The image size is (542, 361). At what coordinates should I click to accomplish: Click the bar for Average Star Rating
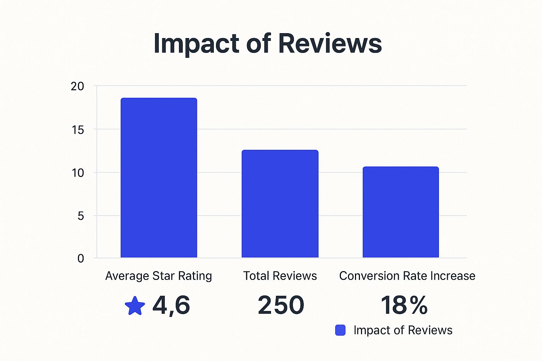(x=159, y=178)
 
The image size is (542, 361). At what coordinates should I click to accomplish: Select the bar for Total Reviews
(x=280, y=204)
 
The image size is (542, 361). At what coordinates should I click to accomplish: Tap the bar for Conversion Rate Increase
(x=401, y=212)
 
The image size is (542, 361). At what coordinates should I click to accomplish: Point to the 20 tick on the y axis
(x=78, y=86)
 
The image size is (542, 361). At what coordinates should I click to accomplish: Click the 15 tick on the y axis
(x=78, y=130)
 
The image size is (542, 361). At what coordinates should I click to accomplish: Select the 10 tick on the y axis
(x=78, y=173)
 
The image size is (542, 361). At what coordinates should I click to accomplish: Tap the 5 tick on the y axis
(x=81, y=216)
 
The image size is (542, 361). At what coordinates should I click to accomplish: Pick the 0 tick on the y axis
(x=81, y=258)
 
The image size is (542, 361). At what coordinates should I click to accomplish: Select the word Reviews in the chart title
(x=330, y=43)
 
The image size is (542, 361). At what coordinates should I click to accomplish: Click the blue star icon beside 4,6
(x=135, y=306)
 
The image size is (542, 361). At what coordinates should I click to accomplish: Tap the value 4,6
(x=171, y=305)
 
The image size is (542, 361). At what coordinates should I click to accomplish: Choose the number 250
(x=281, y=305)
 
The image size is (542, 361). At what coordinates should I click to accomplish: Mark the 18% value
(x=404, y=305)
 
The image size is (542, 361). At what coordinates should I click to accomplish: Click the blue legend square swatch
(x=340, y=330)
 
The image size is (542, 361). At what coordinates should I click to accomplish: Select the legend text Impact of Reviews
(x=403, y=330)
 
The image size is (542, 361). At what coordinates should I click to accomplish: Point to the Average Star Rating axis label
(x=158, y=276)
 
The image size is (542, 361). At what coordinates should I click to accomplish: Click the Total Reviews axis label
(x=280, y=276)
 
